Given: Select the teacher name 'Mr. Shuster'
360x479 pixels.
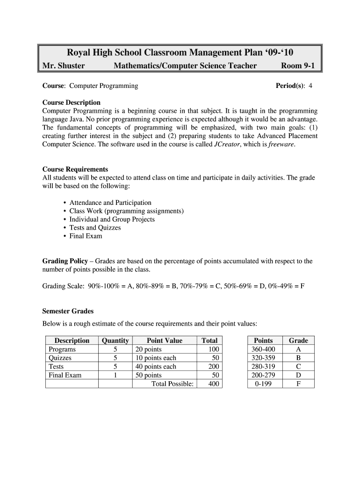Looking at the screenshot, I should coord(64,66).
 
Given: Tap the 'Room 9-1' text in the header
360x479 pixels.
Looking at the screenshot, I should coord(297,66).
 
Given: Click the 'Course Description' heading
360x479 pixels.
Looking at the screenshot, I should coord(71,102).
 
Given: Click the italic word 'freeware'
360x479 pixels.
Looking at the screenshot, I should coord(281,145).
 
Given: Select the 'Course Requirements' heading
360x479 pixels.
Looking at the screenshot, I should coord(75,169).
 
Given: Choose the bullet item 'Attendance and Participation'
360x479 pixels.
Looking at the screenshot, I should coord(110,203).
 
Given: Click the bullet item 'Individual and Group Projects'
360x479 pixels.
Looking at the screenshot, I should coord(112,219).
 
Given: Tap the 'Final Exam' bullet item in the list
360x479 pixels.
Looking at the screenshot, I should coord(86,236).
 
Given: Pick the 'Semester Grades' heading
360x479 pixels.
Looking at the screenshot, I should coord(68,311).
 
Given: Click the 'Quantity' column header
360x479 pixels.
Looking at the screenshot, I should coord(115,341).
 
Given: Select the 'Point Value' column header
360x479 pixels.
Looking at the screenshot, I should coord(164,341).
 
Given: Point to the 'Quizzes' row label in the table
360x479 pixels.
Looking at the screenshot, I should coord(60,358).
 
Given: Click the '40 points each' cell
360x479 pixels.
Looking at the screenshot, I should coord(156,366).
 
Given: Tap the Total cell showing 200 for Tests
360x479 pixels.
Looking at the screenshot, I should coord(213,366).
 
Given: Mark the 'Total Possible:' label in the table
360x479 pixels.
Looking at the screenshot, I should coord(172,384).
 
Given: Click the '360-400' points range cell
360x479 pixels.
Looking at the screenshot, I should coord(263,349).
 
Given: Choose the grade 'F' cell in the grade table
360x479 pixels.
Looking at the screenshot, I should coord(298,384).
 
